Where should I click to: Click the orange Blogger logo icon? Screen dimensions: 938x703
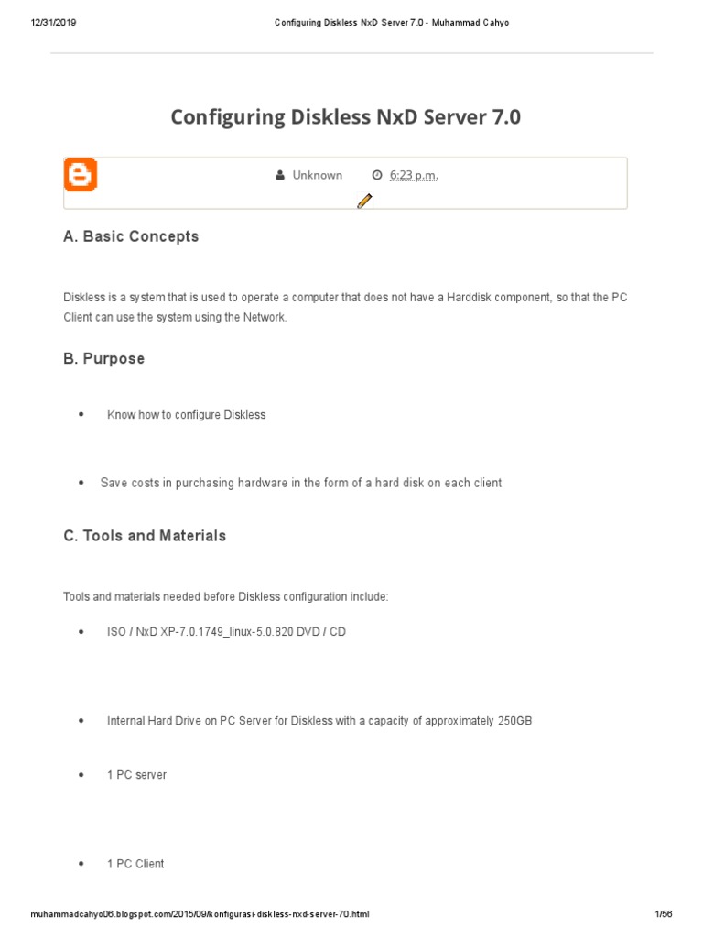(81, 175)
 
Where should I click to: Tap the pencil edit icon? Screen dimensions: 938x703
(364, 202)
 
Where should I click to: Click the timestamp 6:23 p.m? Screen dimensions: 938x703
(414, 175)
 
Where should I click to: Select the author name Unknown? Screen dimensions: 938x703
(317, 175)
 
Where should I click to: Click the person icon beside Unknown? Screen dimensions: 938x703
(280, 175)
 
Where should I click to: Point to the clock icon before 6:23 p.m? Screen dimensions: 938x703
(377, 175)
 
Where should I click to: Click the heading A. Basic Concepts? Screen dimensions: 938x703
(131, 236)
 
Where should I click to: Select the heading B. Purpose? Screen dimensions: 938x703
(103, 359)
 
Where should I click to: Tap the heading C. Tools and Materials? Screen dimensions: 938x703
(145, 536)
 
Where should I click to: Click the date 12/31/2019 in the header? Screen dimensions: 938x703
(53, 23)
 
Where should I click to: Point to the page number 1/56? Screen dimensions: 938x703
(664, 914)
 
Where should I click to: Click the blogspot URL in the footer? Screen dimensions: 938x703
(200, 914)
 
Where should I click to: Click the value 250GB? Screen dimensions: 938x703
(514, 721)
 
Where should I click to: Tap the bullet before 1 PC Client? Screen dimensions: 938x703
(81, 864)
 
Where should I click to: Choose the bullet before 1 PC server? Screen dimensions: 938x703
(81, 775)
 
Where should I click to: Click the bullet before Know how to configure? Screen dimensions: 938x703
(81, 415)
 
